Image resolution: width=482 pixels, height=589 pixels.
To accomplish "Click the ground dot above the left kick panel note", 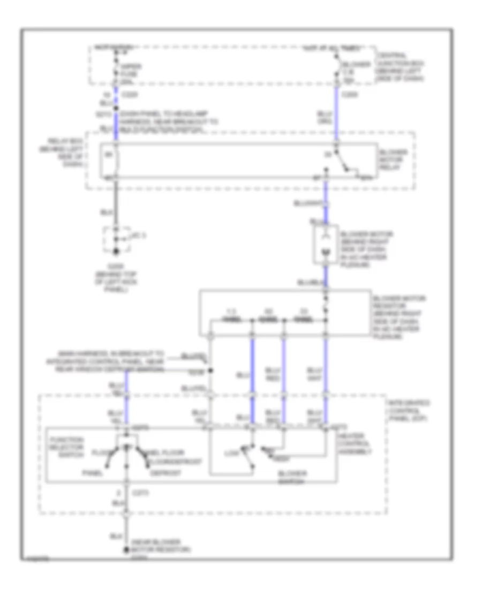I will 115,251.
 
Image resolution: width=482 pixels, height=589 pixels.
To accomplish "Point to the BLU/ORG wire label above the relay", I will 325,117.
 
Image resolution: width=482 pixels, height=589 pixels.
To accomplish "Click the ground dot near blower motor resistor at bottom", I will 126,550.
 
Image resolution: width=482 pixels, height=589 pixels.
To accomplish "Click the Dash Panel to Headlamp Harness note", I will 166,121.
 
